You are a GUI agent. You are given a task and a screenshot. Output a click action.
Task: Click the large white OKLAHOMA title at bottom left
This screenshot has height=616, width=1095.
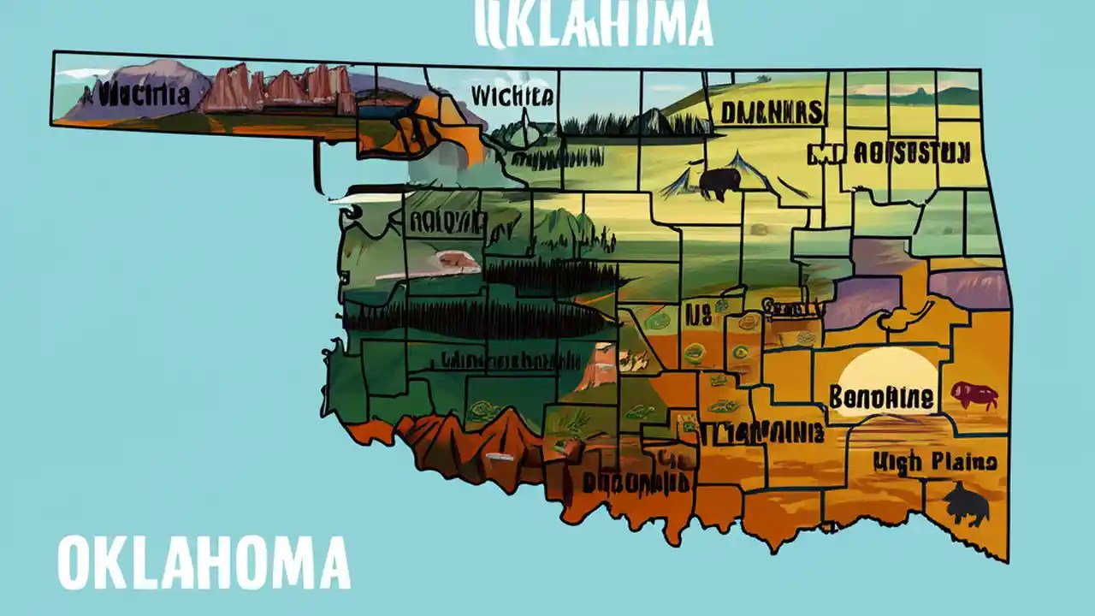tap(204, 563)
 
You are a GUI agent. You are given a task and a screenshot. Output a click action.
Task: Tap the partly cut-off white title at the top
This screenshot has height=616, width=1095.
tap(594, 23)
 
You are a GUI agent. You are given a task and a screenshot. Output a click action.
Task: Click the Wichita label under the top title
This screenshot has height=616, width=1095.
tap(512, 96)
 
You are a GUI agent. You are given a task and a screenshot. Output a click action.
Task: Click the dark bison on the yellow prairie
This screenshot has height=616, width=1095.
tap(719, 182)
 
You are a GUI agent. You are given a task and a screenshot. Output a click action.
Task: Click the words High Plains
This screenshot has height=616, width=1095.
tap(934, 463)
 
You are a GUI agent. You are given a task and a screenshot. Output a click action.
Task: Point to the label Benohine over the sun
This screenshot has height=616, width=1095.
tap(880, 398)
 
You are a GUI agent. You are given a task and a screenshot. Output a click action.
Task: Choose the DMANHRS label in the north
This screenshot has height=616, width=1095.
tap(771, 112)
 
